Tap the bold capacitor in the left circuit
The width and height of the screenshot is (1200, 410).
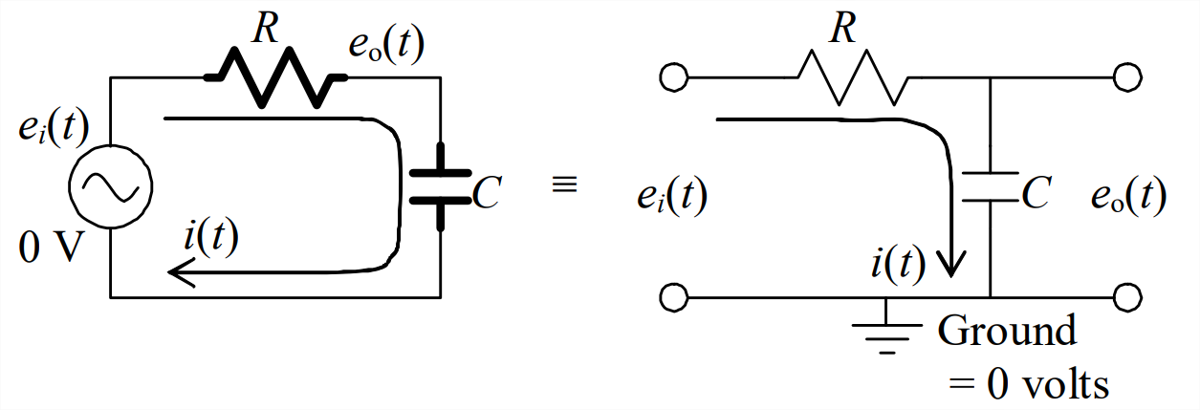(x=440, y=186)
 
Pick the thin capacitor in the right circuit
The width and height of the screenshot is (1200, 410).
(x=990, y=186)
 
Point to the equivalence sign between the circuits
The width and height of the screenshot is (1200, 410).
(x=565, y=185)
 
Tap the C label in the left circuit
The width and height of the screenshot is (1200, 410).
(x=487, y=195)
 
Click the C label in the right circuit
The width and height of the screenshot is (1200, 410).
(x=1036, y=195)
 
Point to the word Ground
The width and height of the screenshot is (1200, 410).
(x=1007, y=331)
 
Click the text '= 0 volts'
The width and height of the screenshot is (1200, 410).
(x=1029, y=384)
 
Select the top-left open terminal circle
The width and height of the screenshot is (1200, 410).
(x=673, y=77)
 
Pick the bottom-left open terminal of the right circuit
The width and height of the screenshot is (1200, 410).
(x=673, y=297)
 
